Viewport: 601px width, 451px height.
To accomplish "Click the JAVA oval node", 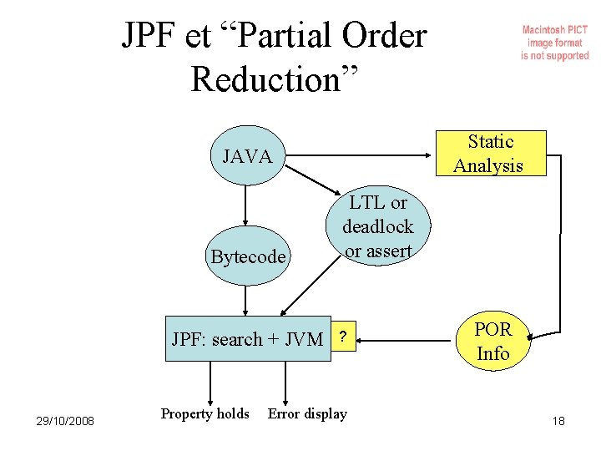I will (x=246, y=156).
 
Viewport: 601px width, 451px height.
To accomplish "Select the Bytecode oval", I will (x=247, y=256).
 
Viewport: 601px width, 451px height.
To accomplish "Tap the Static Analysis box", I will (x=489, y=154).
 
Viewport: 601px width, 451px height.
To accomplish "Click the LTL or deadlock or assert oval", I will (x=377, y=226).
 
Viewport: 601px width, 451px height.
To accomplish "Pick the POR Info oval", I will (x=492, y=342).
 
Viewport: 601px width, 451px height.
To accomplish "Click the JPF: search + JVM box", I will (x=248, y=338).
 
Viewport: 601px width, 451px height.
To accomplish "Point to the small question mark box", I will (x=342, y=337).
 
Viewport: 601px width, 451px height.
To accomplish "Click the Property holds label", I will (x=205, y=413).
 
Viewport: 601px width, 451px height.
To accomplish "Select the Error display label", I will (x=306, y=413).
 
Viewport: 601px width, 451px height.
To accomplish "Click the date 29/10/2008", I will (x=66, y=420).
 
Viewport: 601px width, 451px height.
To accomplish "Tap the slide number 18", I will (x=558, y=421).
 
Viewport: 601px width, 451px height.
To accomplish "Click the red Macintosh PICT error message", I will (x=554, y=43).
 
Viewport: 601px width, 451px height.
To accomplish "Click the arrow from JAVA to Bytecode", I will (x=246, y=205).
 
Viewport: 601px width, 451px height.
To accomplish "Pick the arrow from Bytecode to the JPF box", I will (x=246, y=298).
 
